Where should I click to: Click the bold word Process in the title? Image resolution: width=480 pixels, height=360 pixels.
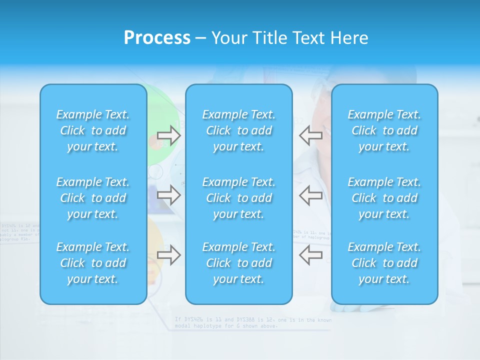click(157, 38)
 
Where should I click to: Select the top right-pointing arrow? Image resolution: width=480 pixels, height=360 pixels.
click(169, 135)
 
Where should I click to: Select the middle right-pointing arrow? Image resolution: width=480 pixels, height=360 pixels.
click(169, 194)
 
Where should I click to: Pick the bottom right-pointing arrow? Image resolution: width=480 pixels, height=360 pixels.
click(169, 255)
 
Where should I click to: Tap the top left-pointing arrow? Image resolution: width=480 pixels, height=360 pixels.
click(310, 135)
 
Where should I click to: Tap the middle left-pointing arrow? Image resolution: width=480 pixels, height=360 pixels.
click(310, 194)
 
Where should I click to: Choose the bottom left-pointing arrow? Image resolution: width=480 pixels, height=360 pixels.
click(310, 255)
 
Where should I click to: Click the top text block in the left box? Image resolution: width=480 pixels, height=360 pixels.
click(93, 130)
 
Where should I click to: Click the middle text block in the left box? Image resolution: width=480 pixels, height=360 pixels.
click(93, 198)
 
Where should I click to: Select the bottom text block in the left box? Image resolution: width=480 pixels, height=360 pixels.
click(93, 263)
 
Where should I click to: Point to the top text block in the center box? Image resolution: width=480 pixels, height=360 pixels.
click(239, 130)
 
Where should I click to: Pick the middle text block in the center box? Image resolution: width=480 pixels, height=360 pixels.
click(239, 198)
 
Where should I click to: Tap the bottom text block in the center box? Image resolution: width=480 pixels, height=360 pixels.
click(239, 263)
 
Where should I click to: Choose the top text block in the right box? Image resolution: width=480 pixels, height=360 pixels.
click(384, 130)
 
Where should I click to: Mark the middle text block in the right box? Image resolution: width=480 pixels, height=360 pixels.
click(384, 198)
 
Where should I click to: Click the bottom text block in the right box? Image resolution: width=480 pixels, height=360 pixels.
click(384, 263)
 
